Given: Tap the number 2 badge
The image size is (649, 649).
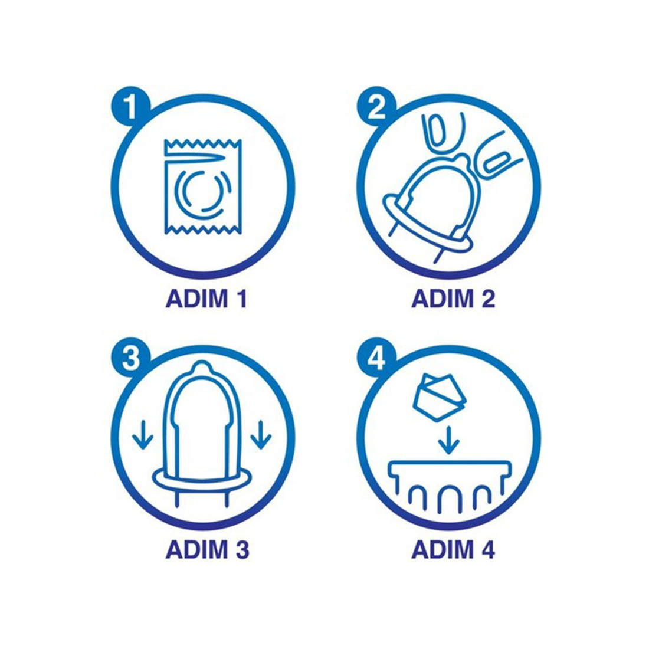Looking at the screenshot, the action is (376, 106).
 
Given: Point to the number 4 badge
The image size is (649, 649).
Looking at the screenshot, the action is (376, 357).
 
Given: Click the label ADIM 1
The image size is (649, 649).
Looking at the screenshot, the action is (206, 299).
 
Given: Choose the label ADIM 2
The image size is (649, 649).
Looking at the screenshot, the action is (453, 299).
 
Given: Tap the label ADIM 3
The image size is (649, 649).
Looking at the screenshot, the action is (207, 549).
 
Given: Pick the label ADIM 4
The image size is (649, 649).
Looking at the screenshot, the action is (453, 549).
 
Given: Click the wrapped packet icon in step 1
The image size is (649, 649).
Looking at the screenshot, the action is (203, 186).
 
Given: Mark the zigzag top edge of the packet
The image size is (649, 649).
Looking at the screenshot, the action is (203, 143).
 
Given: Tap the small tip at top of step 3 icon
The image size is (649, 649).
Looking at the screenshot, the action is (202, 366).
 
